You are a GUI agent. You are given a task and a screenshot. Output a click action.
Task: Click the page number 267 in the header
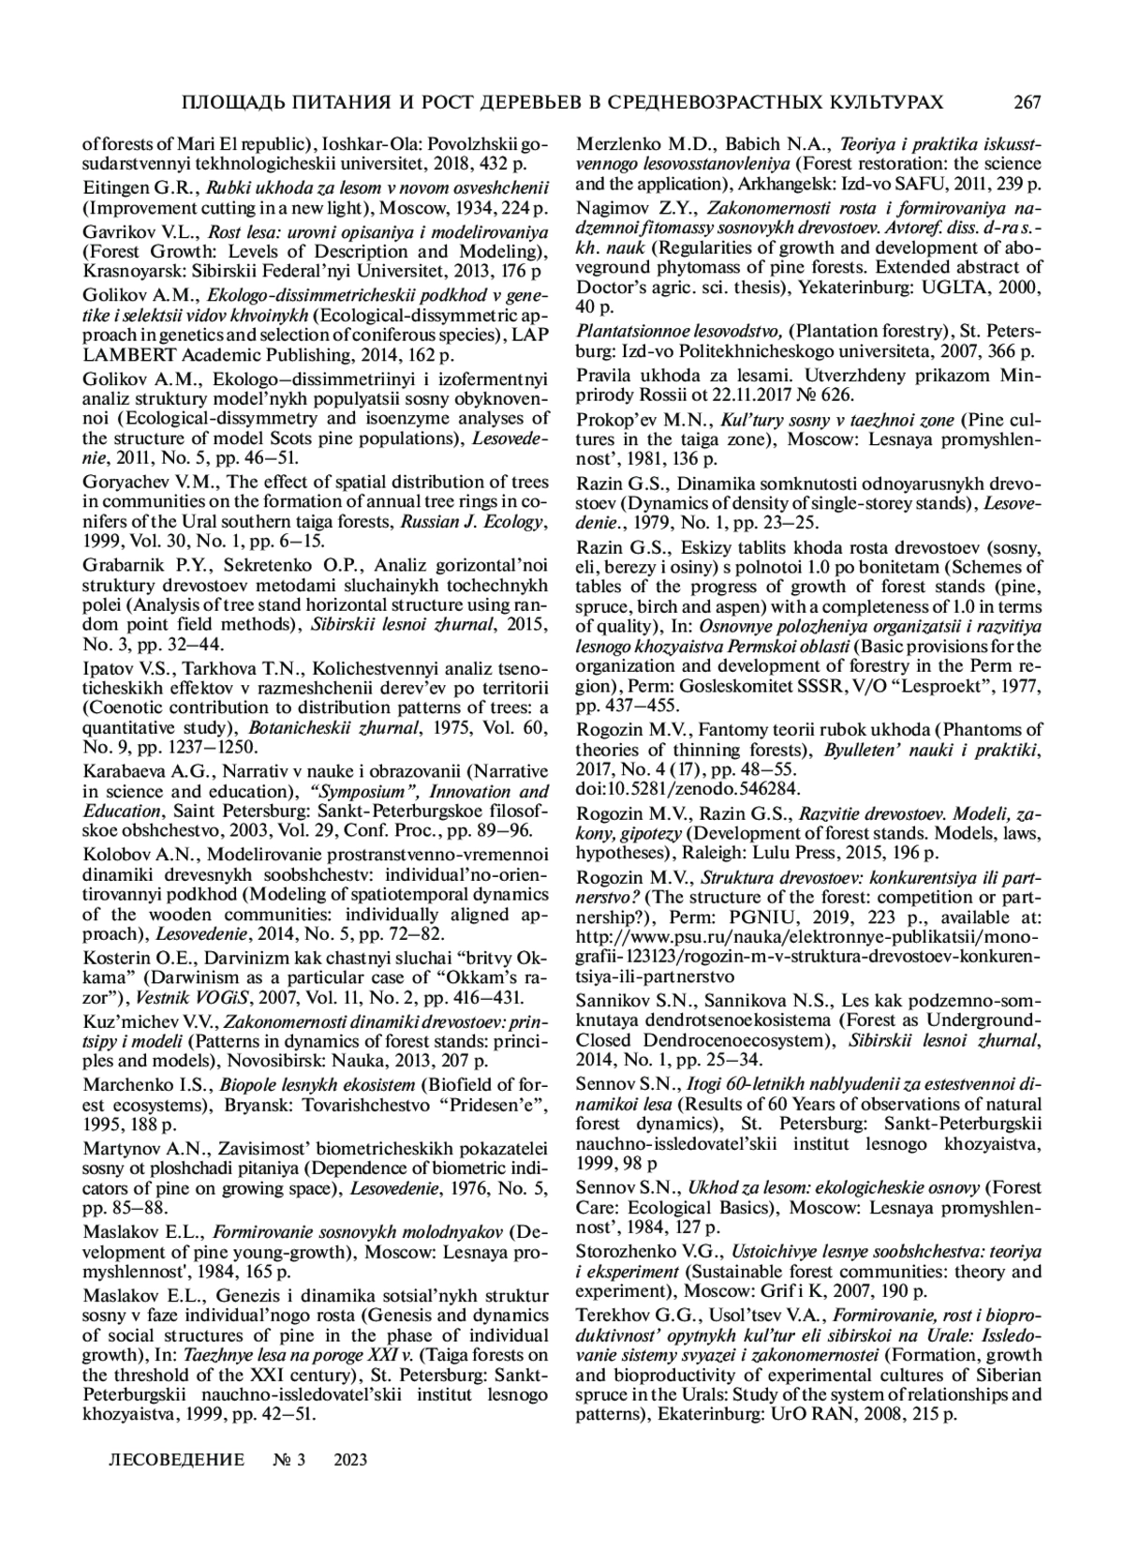[1026, 101]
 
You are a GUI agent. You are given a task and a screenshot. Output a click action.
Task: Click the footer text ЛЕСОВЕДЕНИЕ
[177, 1460]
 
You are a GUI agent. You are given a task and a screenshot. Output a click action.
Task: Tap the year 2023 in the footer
[350, 1460]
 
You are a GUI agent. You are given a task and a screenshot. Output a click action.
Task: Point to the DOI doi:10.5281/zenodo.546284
[688, 789]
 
